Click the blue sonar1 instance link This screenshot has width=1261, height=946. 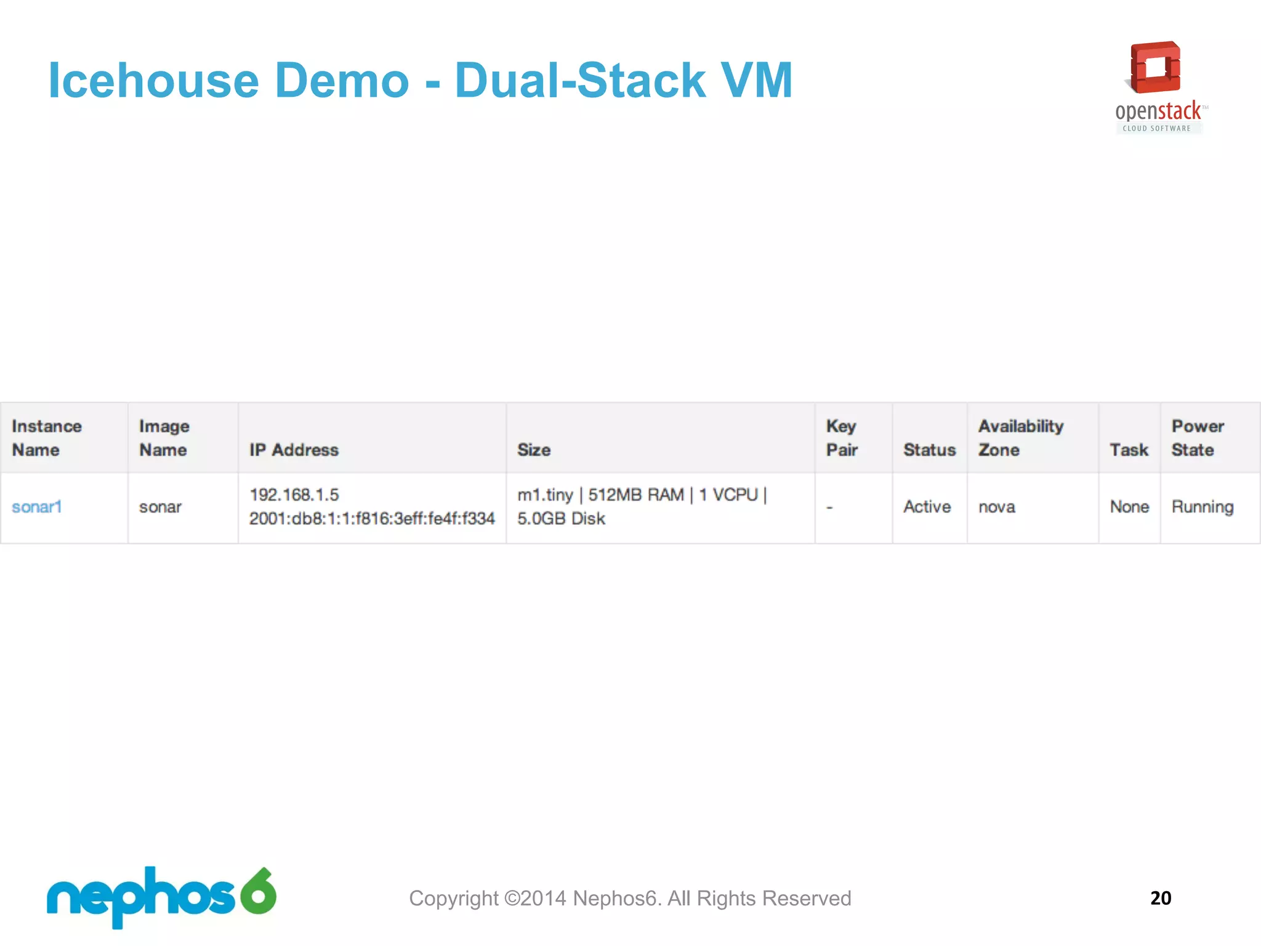37,507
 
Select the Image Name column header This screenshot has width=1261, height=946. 164,438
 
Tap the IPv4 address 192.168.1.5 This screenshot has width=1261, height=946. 294,495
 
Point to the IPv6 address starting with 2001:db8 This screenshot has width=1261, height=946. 372,519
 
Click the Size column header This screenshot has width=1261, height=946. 534,450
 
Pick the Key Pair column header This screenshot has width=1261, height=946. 842,438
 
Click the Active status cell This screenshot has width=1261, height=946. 927,507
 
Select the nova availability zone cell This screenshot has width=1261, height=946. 997,507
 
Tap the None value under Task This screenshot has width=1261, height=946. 1129,507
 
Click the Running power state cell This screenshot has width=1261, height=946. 1202,507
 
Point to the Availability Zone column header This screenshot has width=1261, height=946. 1021,438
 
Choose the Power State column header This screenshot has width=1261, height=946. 1198,438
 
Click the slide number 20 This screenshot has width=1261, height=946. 1161,898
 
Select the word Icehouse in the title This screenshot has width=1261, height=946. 154,81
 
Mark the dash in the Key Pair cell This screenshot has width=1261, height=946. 829,507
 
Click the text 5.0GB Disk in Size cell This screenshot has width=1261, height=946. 561,519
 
